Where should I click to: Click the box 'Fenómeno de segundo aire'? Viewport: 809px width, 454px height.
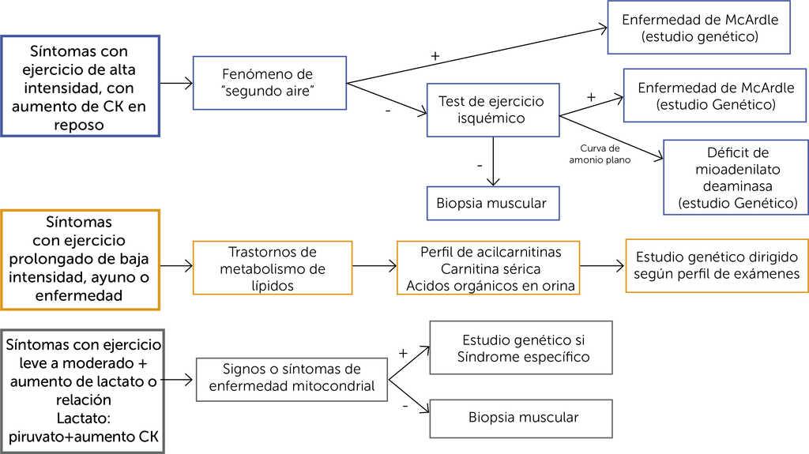click(269, 83)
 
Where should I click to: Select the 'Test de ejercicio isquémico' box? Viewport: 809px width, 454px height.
click(491, 111)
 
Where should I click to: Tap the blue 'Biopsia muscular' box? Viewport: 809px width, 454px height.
click(491, 203)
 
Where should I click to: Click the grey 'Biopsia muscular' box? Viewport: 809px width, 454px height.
click(522, 417)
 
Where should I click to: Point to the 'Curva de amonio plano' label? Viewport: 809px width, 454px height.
click(600, 154)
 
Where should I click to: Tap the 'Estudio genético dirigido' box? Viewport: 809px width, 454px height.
click(716, 265)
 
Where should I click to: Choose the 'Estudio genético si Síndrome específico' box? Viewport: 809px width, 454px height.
click(522, 347)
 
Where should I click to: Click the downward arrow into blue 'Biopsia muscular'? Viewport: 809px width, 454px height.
click(492, 161)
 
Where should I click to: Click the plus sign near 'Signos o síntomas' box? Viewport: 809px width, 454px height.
click(402, 354)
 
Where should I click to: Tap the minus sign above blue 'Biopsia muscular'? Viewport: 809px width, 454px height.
click(479, 167)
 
